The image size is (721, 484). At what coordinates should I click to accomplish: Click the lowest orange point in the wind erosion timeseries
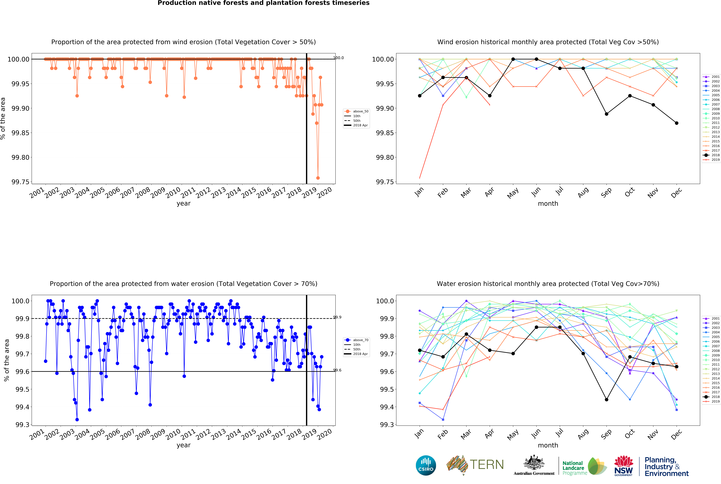click(318, 178)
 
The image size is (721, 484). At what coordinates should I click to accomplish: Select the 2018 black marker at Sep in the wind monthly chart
click(606, 114)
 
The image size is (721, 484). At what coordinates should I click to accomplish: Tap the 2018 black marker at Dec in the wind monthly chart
click(677, 123)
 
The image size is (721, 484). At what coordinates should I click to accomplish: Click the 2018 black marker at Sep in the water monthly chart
click(606, 399)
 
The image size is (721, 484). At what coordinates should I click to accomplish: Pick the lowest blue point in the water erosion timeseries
click(77, 420)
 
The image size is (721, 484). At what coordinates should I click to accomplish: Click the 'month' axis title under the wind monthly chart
click(548, 203)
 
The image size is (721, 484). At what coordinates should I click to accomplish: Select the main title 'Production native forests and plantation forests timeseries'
click(263, 3)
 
